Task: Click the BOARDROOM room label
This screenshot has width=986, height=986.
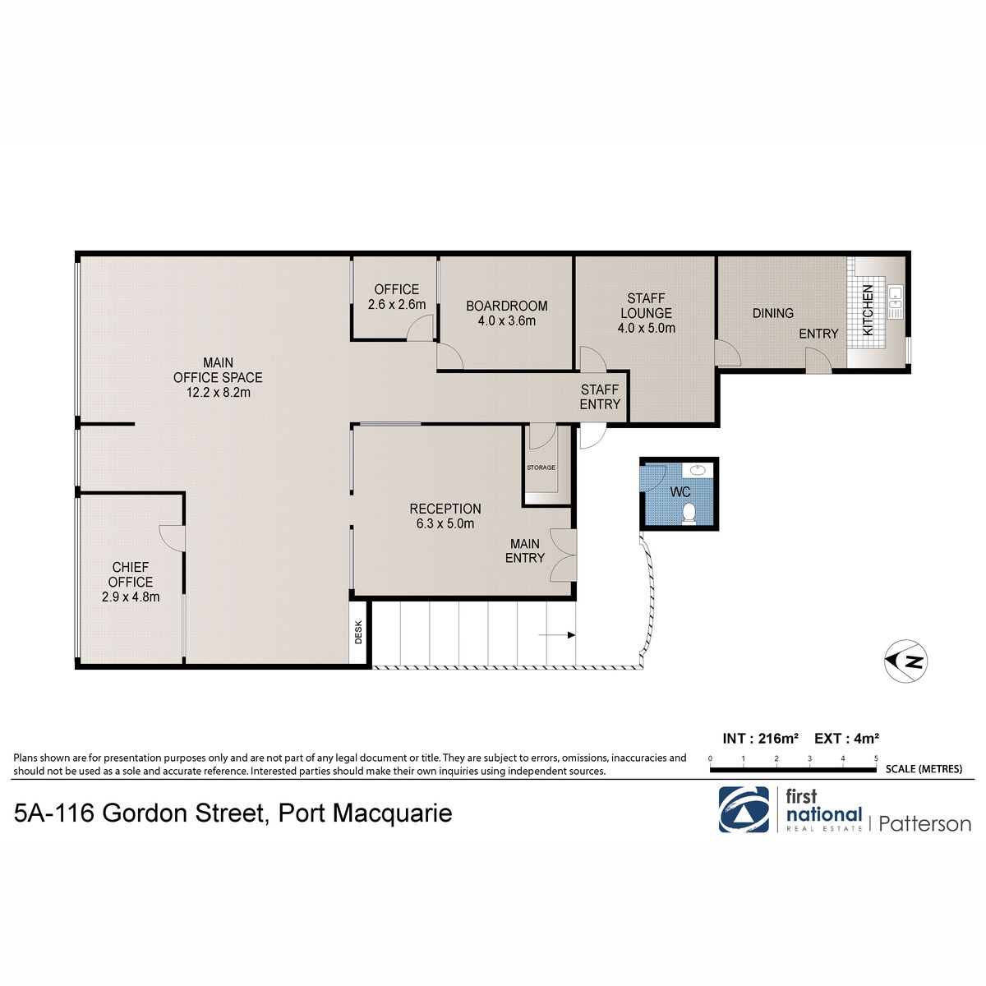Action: coord(507,306)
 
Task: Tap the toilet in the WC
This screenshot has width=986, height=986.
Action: coord(689,514)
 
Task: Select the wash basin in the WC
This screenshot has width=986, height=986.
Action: coord(697,468)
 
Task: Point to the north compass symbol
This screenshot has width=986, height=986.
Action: coord(906,661)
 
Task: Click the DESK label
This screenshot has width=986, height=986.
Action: coord(358,633)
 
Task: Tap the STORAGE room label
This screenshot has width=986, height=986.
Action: coord(541,468)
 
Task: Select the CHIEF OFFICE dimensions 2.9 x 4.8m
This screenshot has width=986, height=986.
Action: coord(131,597)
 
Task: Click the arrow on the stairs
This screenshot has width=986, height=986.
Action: coord(557,635)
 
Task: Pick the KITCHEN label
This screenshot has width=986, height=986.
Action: coord(868,311)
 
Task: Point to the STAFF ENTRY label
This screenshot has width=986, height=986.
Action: coord(600,397)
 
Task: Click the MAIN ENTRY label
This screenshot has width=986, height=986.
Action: coord(525,551)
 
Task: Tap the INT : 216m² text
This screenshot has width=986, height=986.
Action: coord(760,739)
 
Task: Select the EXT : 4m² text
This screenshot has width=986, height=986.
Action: coord(846,739)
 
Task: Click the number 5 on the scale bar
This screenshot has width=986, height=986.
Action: coord(876,758)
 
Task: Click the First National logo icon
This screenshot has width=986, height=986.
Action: coord(744,809)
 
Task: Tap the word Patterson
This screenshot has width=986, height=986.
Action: coord(924,824)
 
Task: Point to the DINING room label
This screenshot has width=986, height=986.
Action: coord(772,313)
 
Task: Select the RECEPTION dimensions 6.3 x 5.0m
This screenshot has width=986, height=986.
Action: coord(445,524)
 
